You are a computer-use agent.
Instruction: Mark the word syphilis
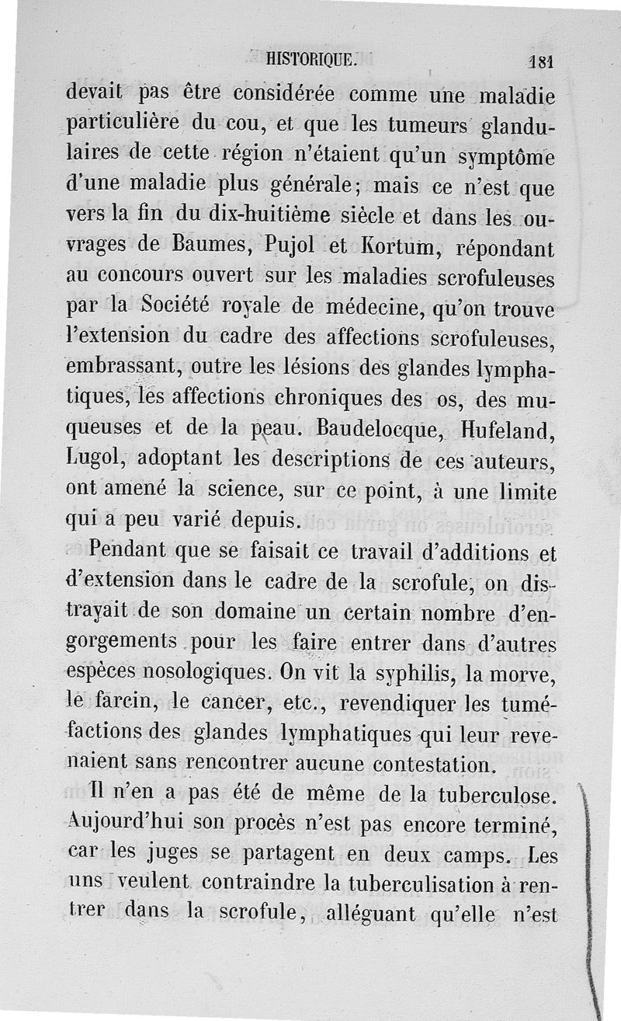423,671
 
